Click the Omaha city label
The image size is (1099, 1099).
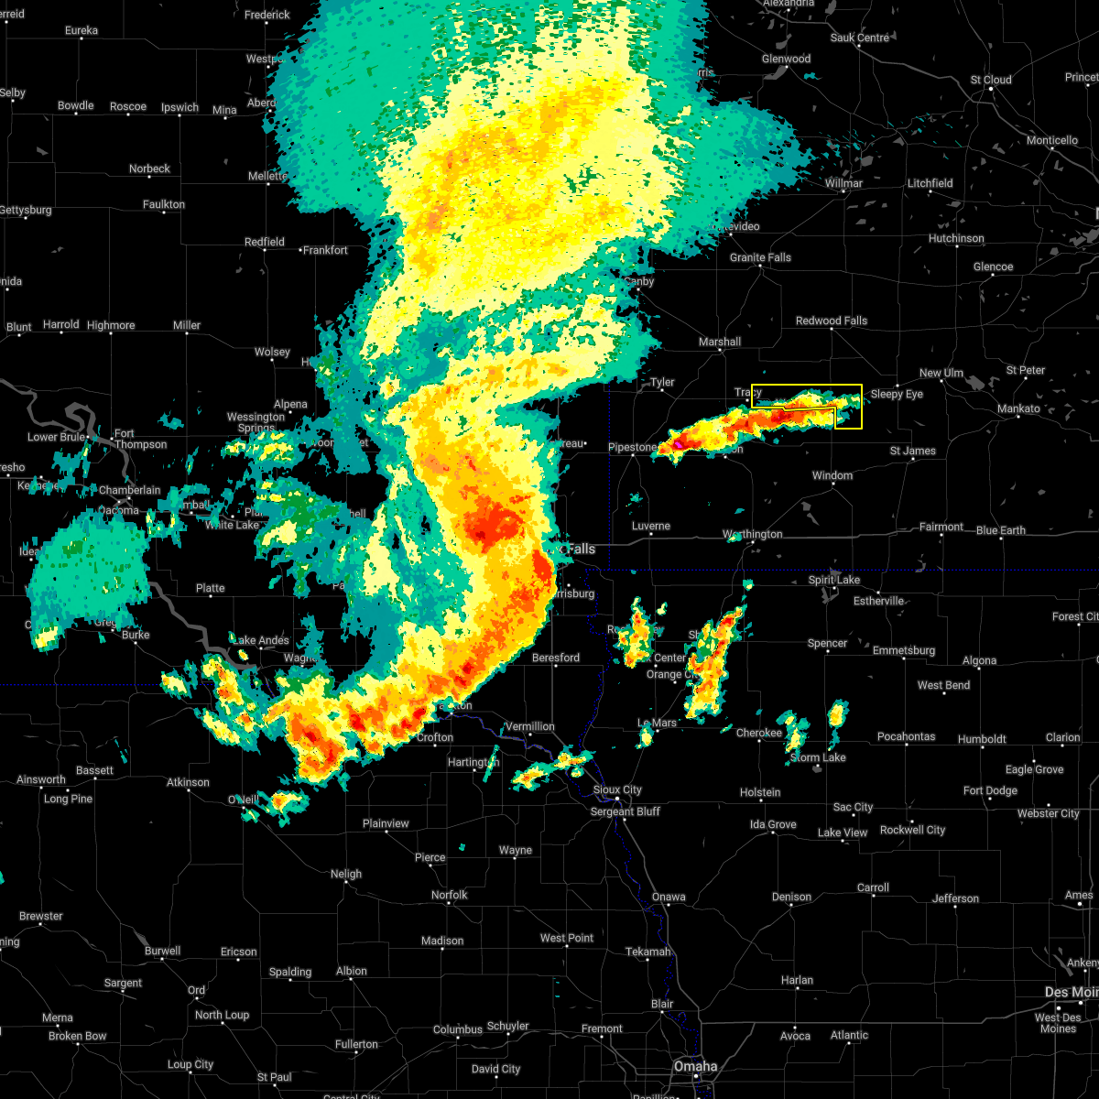click(696, 1067)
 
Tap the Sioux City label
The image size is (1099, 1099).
click(617, 789)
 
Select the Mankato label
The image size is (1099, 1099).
click(1018, 408)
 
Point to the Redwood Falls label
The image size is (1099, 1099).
click(831, 321)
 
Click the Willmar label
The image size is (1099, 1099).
click(843, 183)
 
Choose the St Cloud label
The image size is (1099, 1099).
click(991, 80)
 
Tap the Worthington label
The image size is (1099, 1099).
click(752, 534)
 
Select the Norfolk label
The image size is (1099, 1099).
click(449, 895)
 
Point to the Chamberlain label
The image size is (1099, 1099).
click(129, 490)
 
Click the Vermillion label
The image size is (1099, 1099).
click(529, 726)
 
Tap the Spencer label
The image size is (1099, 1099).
click(827, 643)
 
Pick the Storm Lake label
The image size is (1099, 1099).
click(818, 757)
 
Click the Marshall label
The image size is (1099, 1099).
click(720, 342)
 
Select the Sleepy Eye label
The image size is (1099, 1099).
click(897, 394)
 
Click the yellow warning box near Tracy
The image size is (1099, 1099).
click(806, 406)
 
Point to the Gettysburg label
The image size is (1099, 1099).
click(25, 210)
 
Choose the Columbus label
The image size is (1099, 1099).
click(458, 1029)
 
